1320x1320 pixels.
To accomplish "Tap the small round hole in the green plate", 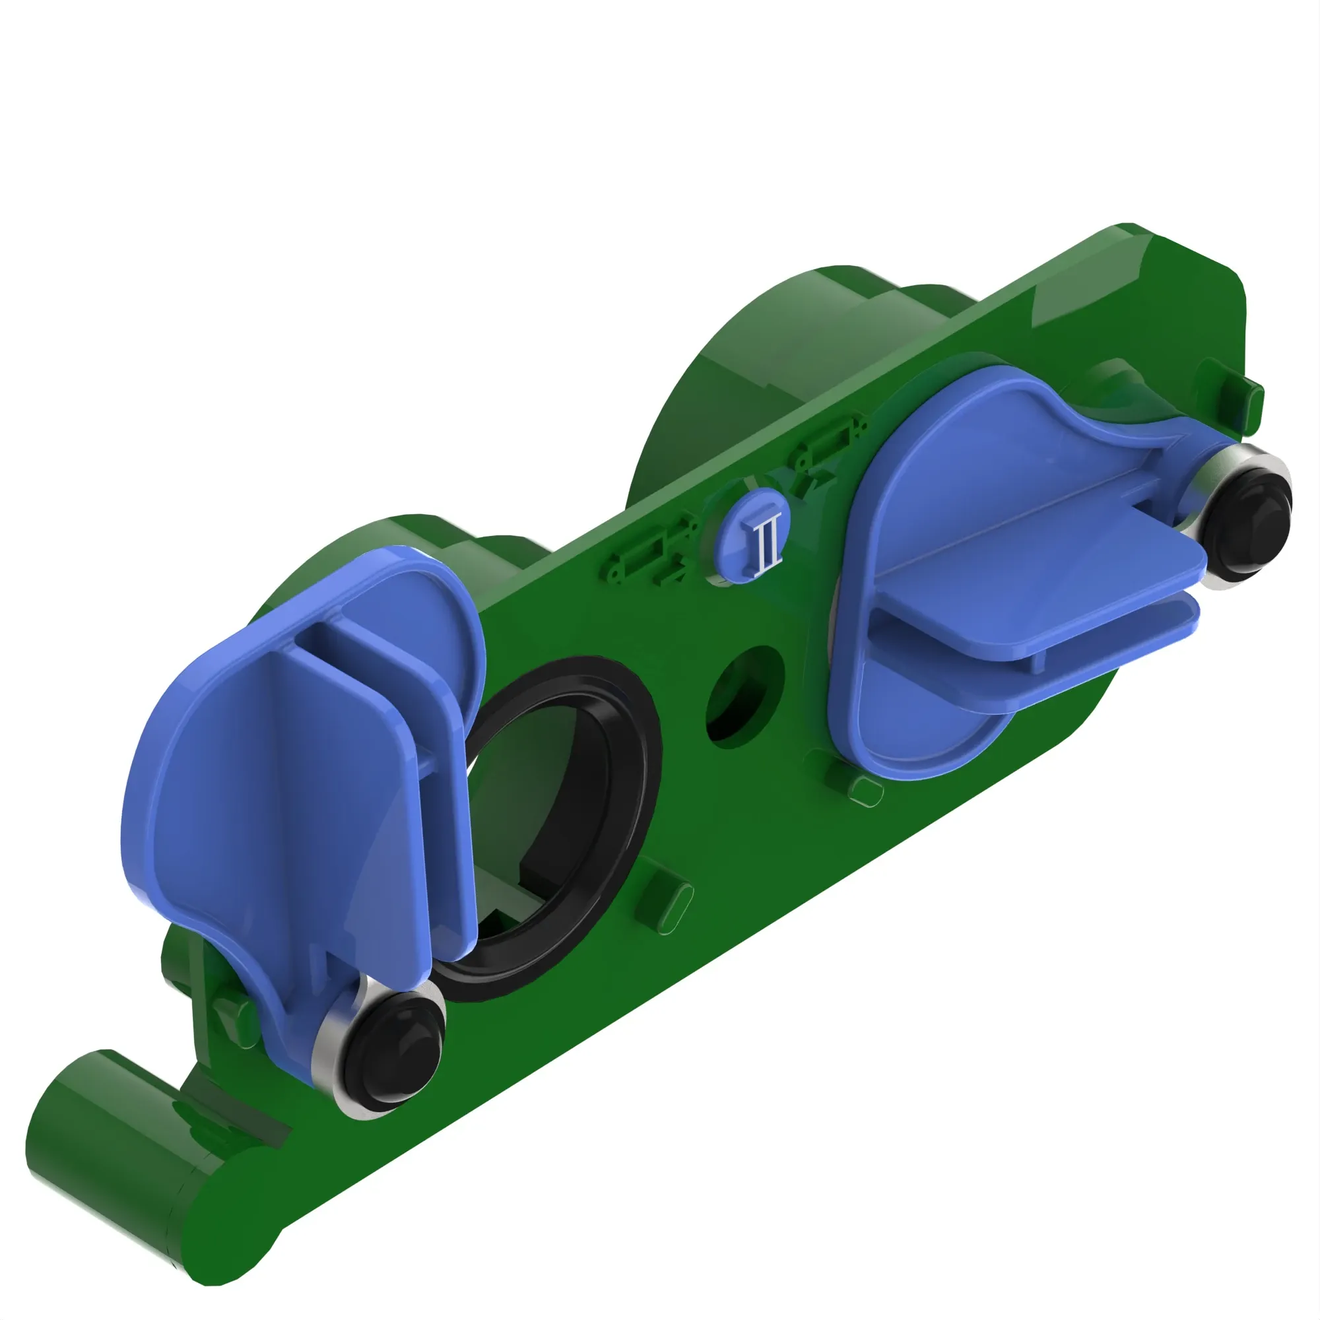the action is pos(744,695).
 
